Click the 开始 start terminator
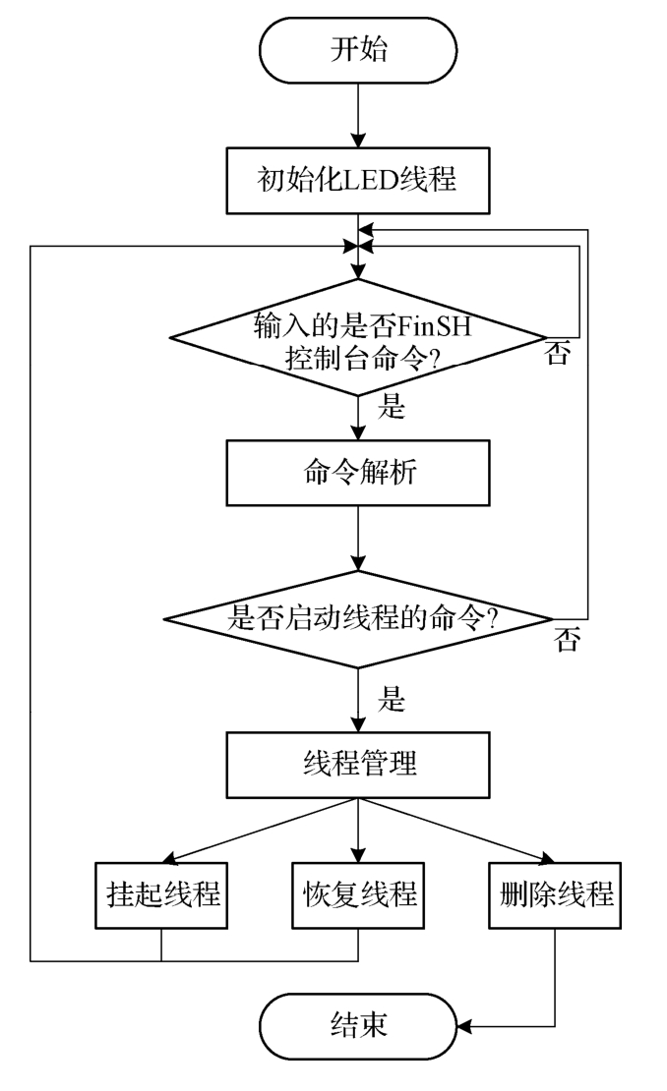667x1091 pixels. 357,50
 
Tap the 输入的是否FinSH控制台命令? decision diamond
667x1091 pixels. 357,338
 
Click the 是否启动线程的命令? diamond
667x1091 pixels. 357,618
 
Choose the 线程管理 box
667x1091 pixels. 357,764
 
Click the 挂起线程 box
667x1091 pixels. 160,895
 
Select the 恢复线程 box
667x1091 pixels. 357,895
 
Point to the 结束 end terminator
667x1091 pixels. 357,1027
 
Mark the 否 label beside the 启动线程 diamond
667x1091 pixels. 568,641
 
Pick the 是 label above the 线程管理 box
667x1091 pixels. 392,702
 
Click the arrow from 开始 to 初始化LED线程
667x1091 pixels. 357,115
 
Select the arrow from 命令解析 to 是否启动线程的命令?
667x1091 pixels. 357,540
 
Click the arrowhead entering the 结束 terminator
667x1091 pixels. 467,1027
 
